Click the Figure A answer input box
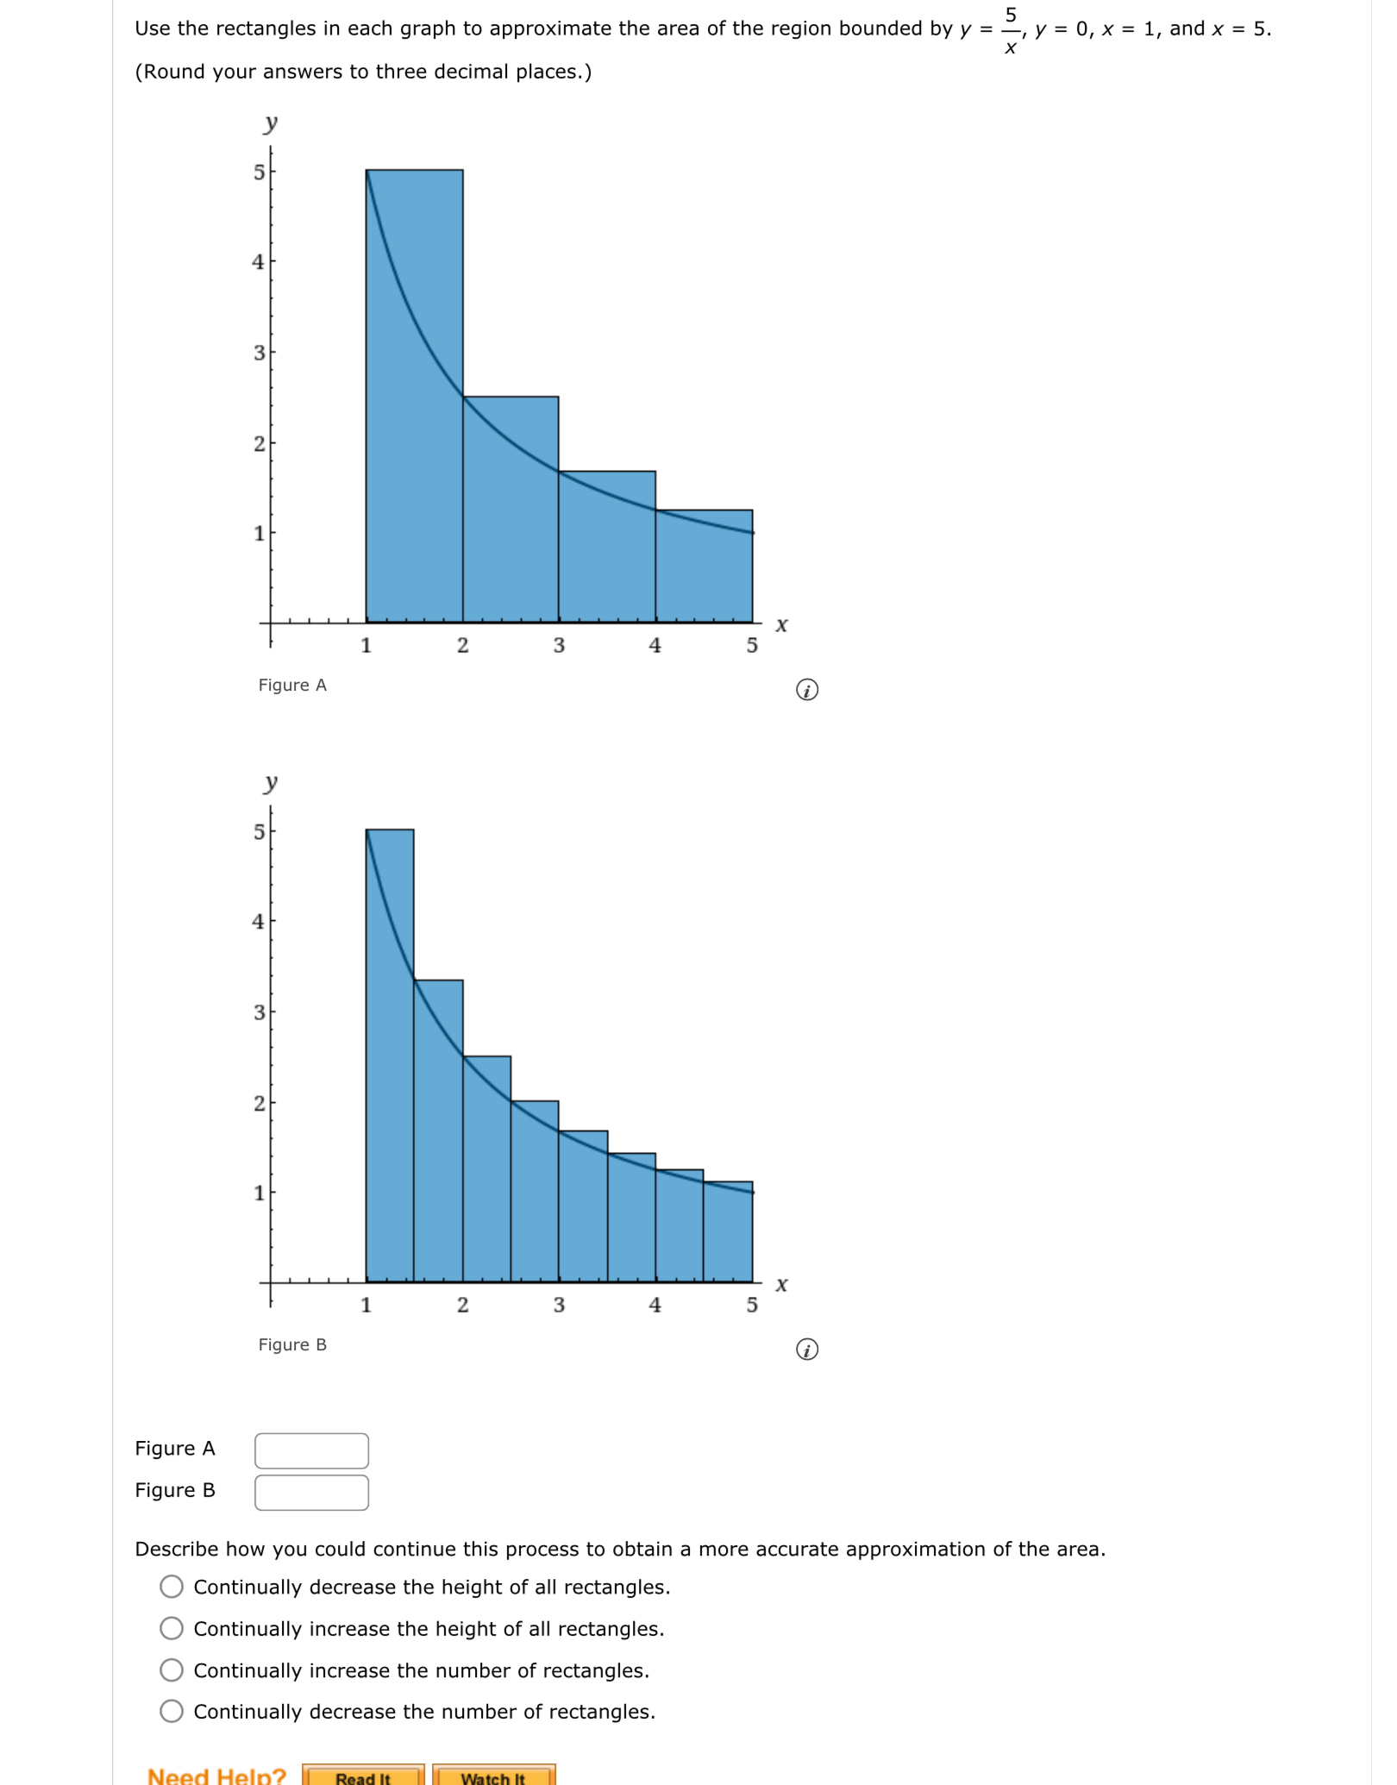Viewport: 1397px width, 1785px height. (x=311, y=1450)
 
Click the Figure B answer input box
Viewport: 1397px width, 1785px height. (x=311, y=1493)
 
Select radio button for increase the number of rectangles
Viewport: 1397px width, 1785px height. (x=172, y=1670)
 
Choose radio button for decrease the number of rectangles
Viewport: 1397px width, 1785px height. (x=172, y=1712)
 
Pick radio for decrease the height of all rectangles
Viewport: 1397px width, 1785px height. (x=172, y=1587)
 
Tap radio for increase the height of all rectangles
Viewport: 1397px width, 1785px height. (x=172, y=1628)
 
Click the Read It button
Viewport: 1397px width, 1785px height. (x=363, y=1776)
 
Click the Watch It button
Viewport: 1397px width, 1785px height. (x=493, y=1776)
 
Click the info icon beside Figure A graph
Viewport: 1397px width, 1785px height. (x=807, y=690)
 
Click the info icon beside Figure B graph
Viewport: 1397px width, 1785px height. (x=807, y=1350)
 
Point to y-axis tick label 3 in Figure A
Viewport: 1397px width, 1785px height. (x=259, y=353)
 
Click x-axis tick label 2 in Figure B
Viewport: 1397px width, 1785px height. (x=463, y=1305)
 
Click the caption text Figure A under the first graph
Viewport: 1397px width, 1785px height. (x=292, y=685)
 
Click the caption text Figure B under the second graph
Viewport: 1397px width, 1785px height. (x=292, y=1344)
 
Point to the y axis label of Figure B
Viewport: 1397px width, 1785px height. (x=271, y=782)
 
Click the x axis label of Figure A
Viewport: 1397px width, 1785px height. (x=781, y=624)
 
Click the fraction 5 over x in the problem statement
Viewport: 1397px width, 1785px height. (x=1011, y=30)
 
